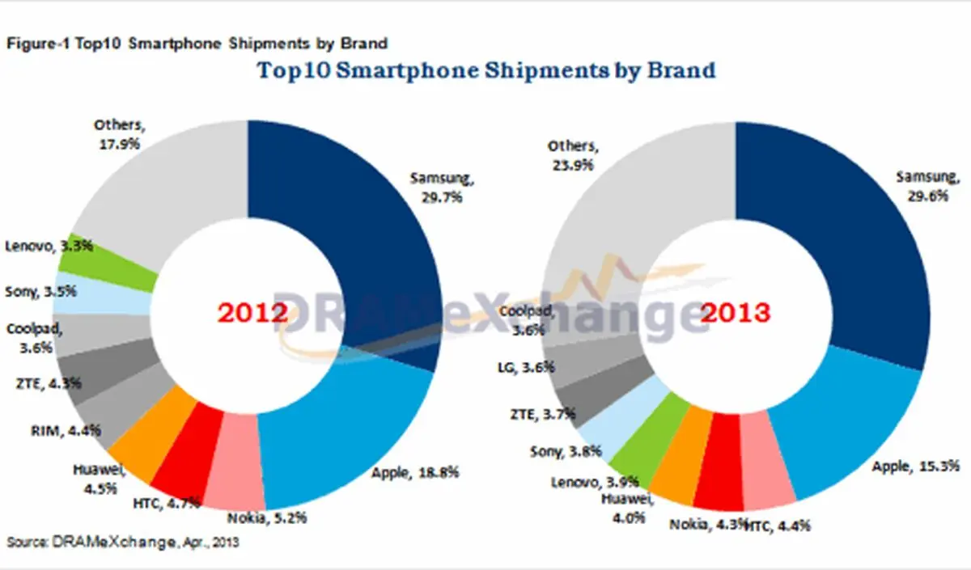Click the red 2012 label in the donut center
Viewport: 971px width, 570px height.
pyautogui.click(x=252, y=312)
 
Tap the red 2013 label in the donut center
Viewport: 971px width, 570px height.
pyautogui.click(x=736, y=312)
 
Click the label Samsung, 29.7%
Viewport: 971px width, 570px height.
pyautogui.click(x=442, y=188)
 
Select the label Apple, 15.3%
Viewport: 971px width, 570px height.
pyautogui.click(x=915, y=466)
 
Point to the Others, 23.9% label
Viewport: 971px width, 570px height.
pyautogui.click(x=573, y=155)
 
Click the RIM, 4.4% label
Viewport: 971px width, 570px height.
pyautogui.click(x=66, y=430)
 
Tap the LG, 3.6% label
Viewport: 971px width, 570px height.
pyautogui.click(x=526, y=367)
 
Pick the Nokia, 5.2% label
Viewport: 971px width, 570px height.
pyautogui.click(x=267, y=517)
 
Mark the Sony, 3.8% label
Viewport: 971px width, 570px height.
pyautogui.click(x=566, y=452)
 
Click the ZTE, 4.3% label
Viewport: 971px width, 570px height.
pyautogui.click(x=49, y=383)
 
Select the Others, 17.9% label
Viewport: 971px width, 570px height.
pyautogui.click(x=119, y=134)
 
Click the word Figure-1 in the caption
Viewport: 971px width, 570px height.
pyautogui.click(x=38, y=44)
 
